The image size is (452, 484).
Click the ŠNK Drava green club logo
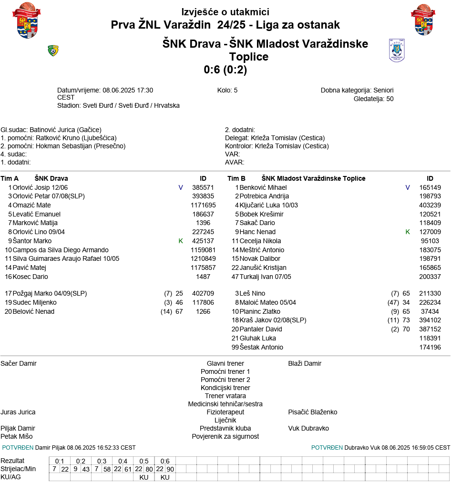[x=53, y=51]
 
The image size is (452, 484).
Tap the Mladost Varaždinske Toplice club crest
[x=397, y=51]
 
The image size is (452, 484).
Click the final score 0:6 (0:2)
[x=225, y=70]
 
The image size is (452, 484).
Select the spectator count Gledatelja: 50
[x=373, y=99]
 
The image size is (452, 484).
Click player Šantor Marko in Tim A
[x=32, y=241]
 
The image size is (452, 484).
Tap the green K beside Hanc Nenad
[x=408, y=232]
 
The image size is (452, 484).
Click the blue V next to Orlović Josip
[x=181, y=187]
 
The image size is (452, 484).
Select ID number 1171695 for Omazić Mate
[x=203, y=205]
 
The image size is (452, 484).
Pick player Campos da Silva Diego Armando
[x=61, y=250]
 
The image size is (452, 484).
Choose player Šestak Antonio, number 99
[x=261, y=347]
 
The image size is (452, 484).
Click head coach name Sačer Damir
[x=19, y=363]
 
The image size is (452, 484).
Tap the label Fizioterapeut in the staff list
[x=225, y=412]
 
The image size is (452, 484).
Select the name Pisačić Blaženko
[x=312, y=412]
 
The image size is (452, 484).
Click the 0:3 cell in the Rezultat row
[x=102, y=461]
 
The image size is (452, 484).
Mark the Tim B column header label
[x=236, y=178]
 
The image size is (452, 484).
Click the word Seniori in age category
[x=383, y=90]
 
